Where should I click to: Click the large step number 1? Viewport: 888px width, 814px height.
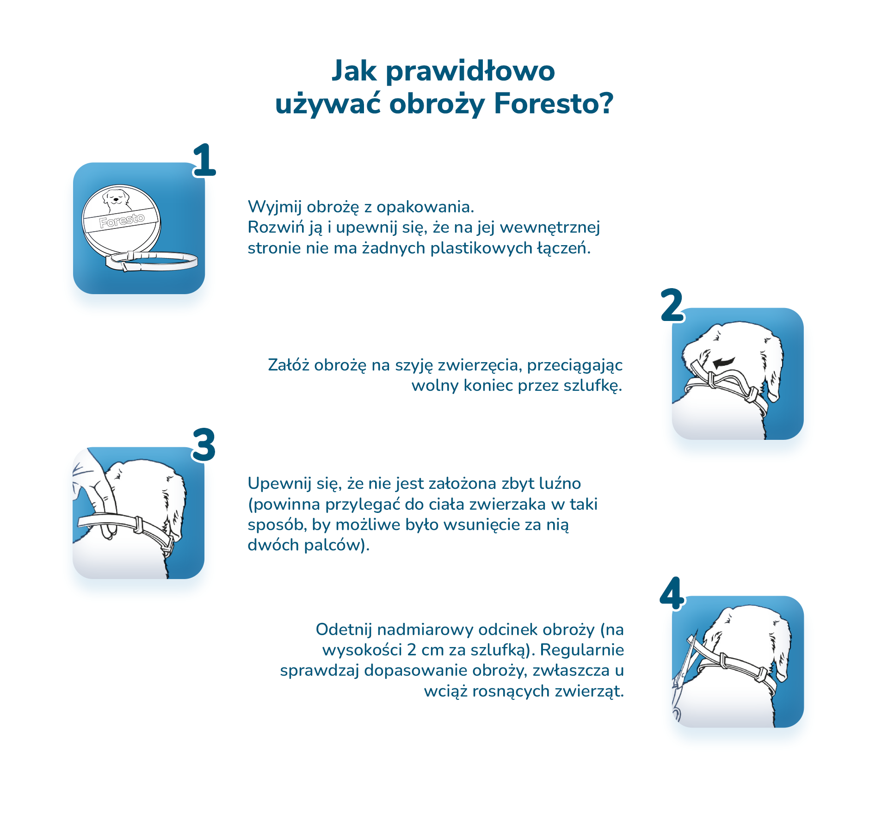[x=204, y=160]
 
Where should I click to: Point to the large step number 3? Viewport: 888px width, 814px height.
[x=204, y=444]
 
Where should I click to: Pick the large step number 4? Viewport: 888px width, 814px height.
[x=672, y=593]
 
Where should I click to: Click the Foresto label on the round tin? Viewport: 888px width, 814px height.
[x=122, y=221]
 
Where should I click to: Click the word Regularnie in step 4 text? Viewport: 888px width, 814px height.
[x=582, y=650]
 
